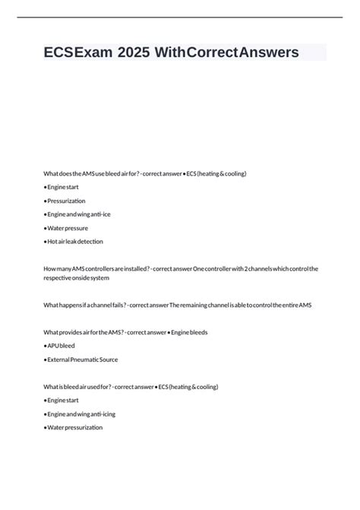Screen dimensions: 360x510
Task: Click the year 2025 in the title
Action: click(x=133, y=52)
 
